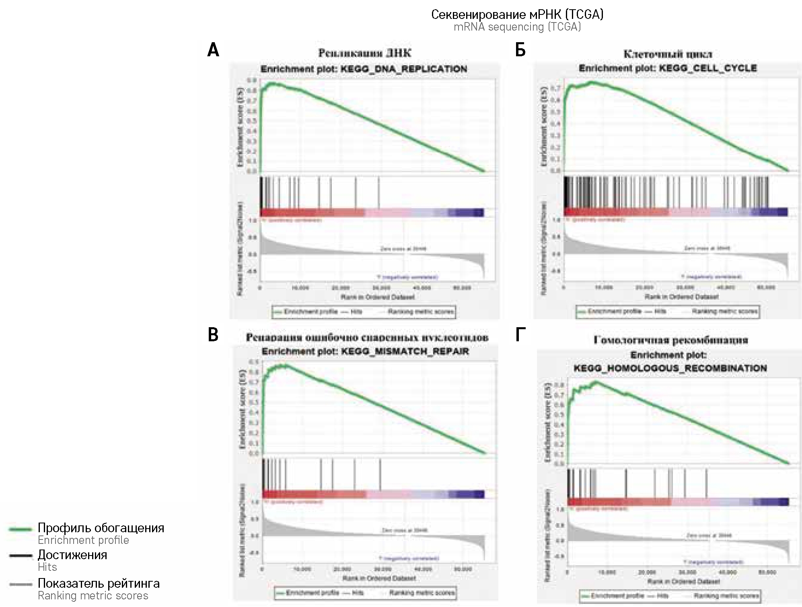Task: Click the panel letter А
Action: click(213, 51)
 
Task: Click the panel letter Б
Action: click(520, 51)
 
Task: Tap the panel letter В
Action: click(213, 335)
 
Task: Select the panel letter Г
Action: click(520, 335)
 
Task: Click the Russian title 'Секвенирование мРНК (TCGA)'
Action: click(517, 15)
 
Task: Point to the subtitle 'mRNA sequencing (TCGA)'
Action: click(517, 27)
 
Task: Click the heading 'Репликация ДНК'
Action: click(364, 53)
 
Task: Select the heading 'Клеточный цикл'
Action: click(668, 54)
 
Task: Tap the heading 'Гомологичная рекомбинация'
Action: click(671, 340)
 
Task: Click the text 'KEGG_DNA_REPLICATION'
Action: click(404, 69)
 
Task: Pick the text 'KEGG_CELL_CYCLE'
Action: click(707, 68)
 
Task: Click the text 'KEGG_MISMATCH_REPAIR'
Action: click(405, 352)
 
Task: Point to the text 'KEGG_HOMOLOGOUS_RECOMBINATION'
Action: click(670, 368)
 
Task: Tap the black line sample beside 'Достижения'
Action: click(20, 556)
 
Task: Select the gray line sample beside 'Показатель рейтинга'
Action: click(20, 584)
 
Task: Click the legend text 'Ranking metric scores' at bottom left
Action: click(93, 596)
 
